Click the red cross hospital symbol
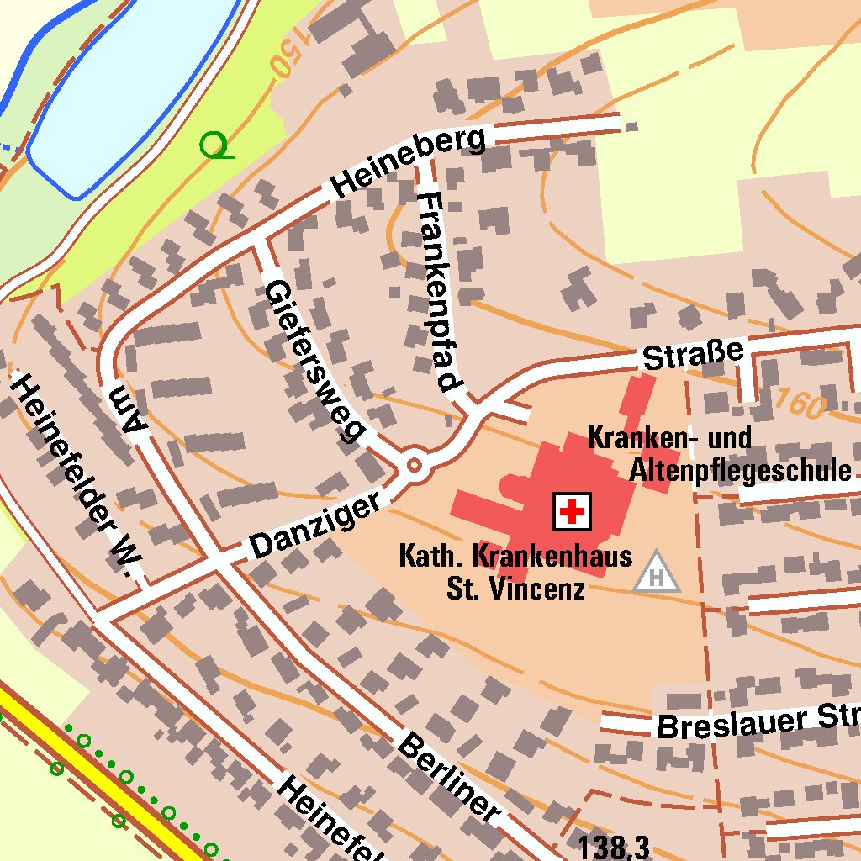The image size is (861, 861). click(572, 510)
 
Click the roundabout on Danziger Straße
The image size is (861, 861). click(414, 464)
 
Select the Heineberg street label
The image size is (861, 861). click(409, 163)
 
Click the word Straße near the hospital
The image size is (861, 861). click(694, 355)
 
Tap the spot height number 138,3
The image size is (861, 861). click(613, 847)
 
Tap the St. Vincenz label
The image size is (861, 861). click(515, 588)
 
